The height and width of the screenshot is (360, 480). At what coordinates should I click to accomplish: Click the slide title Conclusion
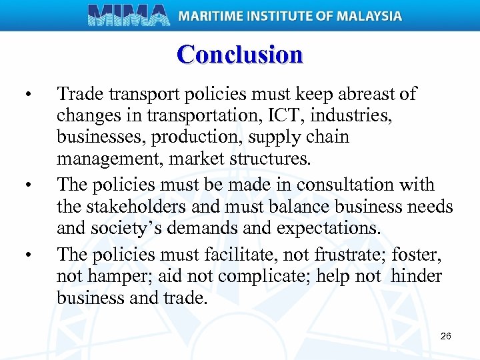tap(240, 54)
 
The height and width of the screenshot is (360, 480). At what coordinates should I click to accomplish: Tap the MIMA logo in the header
tap(129, 15)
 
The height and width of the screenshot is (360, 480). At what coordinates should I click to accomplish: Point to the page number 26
tap(446, 336)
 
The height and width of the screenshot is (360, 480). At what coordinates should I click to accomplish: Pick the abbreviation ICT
tap(267, 116)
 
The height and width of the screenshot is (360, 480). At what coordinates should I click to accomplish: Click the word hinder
tap(417, 277)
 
